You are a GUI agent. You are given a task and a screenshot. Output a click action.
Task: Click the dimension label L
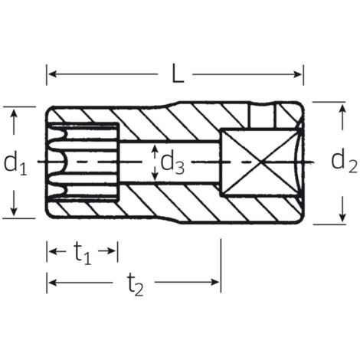(178, 74)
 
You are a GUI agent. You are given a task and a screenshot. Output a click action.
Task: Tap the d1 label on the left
(15, 163)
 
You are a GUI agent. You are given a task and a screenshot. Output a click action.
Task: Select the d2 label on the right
(344, 161)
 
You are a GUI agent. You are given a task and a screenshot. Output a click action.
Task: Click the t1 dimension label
(82, 252)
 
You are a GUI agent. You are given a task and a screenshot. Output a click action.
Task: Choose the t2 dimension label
(135, 284)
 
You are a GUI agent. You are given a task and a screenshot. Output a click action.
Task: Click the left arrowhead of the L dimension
(52, 74)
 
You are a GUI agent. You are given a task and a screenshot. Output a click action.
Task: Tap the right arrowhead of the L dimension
(298, 74)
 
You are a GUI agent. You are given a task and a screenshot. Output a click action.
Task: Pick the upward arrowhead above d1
(14, 113)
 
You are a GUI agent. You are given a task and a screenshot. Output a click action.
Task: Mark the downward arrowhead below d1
(14, 211)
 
